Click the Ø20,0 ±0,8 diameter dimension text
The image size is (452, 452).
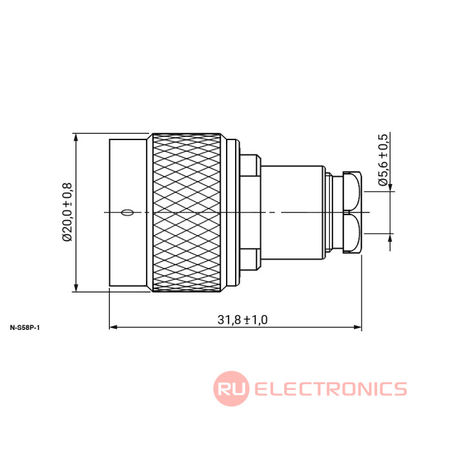point(67,212)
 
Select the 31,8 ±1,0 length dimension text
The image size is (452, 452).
point(242,320)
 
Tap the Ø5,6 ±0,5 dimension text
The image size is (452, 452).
point(384,160)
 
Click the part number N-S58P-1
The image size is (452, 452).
point(25,328)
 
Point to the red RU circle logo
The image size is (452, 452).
point(231,389)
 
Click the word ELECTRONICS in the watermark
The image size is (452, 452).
point(331,389)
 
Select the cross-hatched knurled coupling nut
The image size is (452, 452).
point(187,212)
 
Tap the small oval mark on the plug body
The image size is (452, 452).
point(127,212)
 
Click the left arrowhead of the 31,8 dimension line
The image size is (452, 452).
point(113,327)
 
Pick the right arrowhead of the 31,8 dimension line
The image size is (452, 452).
point(358,327)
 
